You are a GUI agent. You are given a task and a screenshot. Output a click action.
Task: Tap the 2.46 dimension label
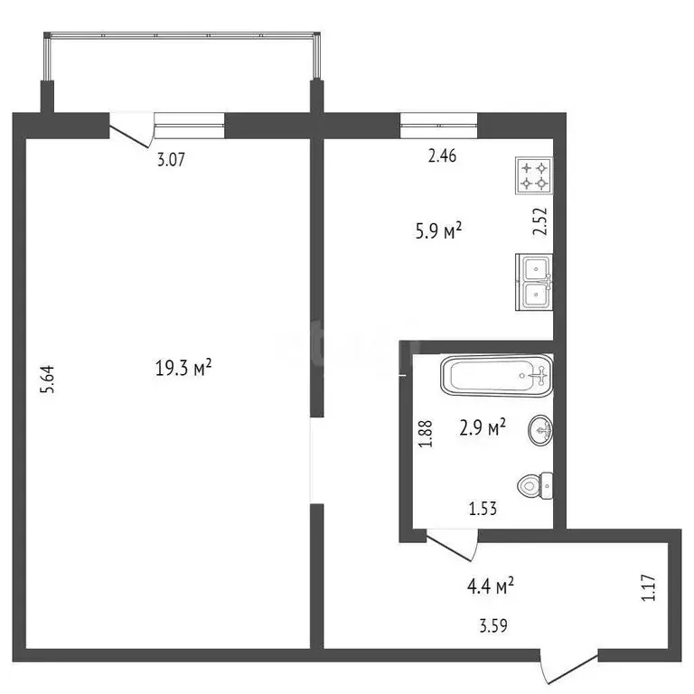point(442,155)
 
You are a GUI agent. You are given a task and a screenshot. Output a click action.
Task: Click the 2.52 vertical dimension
point(539,221)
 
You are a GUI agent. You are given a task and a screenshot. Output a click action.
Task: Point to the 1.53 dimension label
point(483,509)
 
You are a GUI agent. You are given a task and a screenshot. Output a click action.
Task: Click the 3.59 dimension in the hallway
point(492,624)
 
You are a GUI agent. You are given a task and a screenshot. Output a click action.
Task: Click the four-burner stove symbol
point(533,175)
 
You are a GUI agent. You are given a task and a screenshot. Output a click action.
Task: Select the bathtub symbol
point(496,375)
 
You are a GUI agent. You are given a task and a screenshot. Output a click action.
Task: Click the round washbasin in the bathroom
point(540,430)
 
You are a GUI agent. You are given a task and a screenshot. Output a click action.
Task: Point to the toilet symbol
point(534,487)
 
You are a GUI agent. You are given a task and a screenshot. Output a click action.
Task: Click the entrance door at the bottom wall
point(567,667)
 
